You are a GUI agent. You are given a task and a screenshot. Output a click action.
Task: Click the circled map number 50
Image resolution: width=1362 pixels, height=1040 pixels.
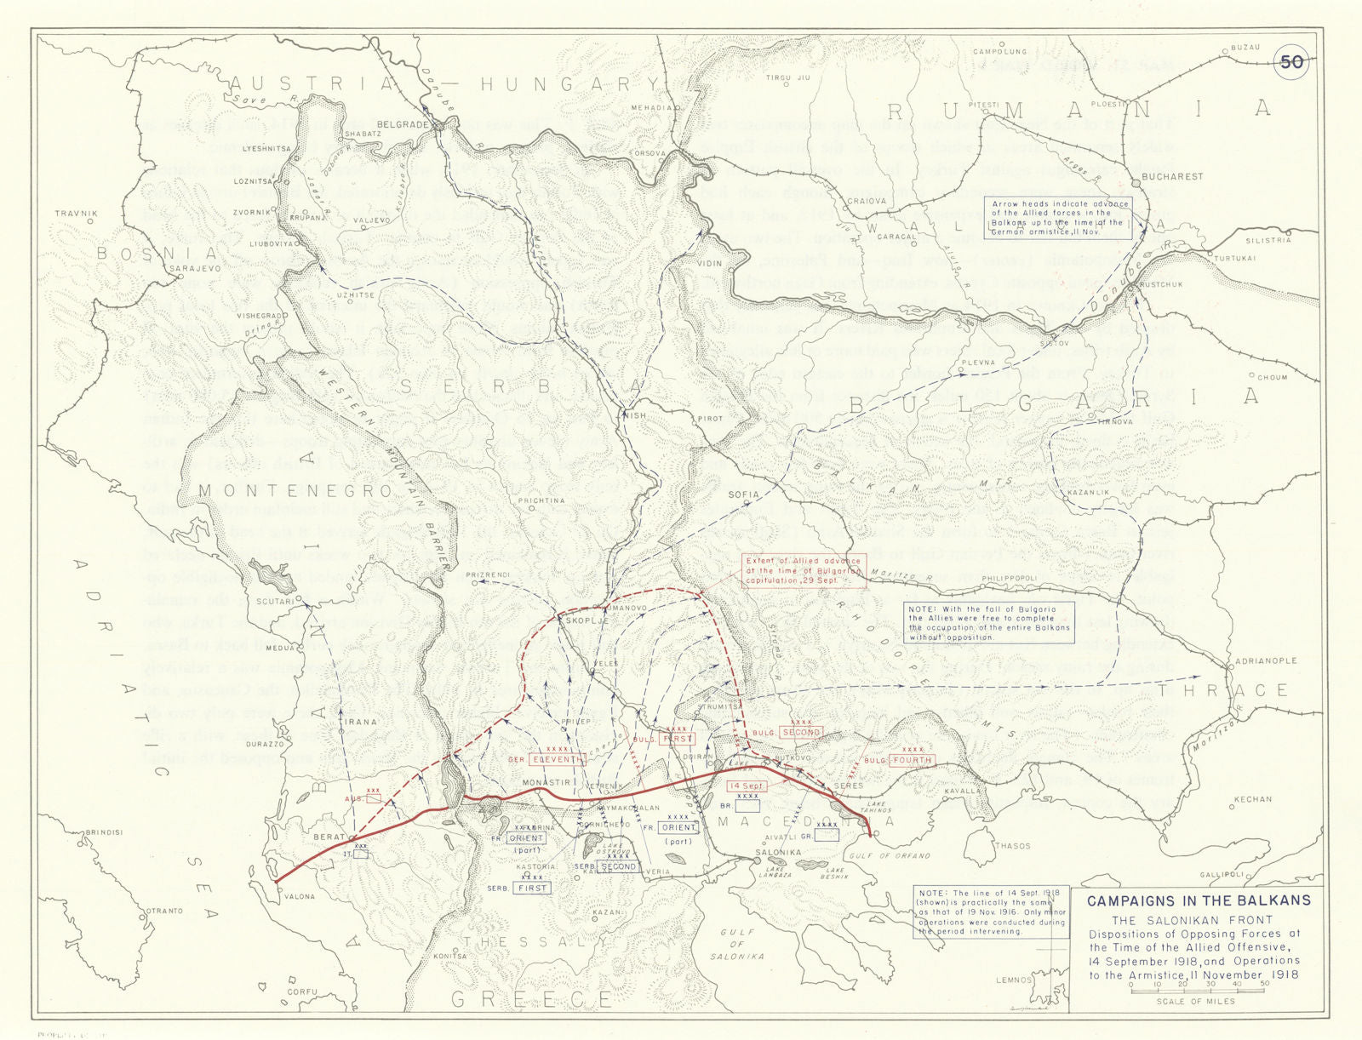1291,61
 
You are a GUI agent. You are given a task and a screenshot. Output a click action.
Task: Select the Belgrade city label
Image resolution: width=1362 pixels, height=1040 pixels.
403,124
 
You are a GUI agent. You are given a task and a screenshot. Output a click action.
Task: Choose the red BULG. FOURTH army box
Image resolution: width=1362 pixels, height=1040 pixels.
911,760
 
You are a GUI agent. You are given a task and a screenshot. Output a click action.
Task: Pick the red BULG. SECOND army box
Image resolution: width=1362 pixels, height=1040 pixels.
800,732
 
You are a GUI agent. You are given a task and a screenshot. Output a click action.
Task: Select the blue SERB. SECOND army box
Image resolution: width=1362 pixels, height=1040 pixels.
618,866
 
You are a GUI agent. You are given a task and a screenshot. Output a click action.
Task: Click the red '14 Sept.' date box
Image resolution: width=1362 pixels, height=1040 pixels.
746,786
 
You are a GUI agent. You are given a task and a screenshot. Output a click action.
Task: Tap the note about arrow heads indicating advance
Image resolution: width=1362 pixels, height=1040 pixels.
1060,217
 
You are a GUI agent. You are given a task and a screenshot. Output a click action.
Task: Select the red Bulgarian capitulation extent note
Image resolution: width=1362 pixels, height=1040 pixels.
803,570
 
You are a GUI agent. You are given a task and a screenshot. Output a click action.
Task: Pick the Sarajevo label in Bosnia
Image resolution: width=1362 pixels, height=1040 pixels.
196,268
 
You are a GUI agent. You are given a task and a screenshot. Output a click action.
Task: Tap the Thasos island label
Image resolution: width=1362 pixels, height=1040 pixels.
1012,846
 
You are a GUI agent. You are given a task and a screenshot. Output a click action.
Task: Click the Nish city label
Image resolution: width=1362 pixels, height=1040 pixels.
636,415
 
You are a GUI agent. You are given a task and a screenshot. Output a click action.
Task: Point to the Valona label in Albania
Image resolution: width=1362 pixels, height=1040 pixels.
298,896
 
